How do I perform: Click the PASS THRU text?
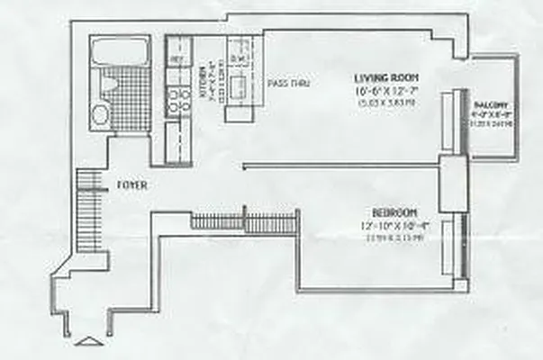pyautogui.click(x=290, y=84)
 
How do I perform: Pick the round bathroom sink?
pyautogui.click(x=100, y=113)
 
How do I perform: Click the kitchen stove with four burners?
pyautogui.click(x=176, y=101)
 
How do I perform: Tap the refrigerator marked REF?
pyautogui.click(x=178, y=61)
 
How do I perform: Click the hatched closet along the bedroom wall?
pyautogui.click(x=244, y=221)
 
